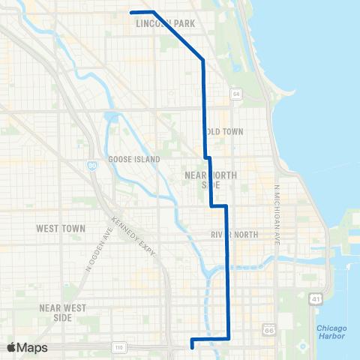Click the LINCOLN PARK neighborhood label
(166, 24)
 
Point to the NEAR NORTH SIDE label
(210, 180)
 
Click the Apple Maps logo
(27, 347)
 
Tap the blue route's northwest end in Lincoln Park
(132, 12)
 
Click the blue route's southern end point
(193, 346)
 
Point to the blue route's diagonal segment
(178, 34)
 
